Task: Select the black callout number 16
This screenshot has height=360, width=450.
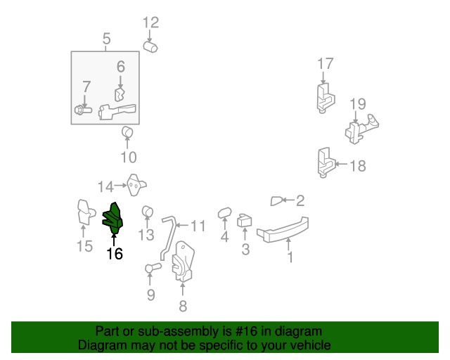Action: tap(115, 254)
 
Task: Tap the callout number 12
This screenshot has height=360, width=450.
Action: tap(150, 22)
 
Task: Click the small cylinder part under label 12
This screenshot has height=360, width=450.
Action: tap(150, 47)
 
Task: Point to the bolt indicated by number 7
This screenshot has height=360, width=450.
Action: tap(83, 110)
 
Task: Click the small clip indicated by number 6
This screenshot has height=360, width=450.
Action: tap(120, 94)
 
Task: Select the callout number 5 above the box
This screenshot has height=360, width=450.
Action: tap(106, 39)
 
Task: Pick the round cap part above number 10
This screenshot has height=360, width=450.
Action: tap(127, 131)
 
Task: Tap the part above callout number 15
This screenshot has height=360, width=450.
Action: tap(86, 212)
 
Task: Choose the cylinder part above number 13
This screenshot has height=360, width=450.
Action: tap(147, 212)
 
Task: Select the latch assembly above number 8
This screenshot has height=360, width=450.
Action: tap(183, 262)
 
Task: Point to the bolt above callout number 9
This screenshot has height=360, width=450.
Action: tap(153, 268)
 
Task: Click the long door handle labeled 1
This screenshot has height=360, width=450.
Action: tap(283, 230)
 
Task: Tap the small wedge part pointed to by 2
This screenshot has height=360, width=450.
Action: tap(276, 201)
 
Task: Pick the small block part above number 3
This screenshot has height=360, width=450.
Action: tap(245, 221)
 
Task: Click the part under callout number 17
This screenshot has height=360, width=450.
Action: tap(326, 98)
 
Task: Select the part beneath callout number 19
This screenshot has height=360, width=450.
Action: tap(361, 129)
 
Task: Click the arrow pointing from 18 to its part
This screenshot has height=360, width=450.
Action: tap(341, 165)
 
